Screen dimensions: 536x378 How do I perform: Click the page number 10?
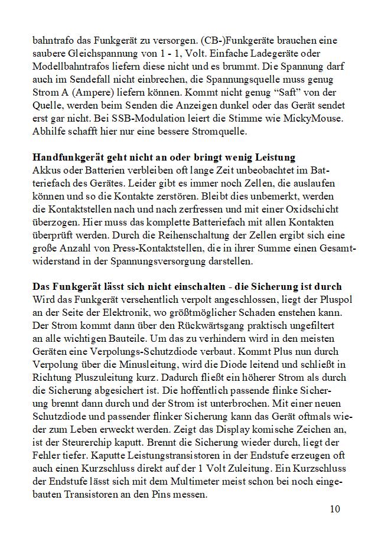coord(335,509)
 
